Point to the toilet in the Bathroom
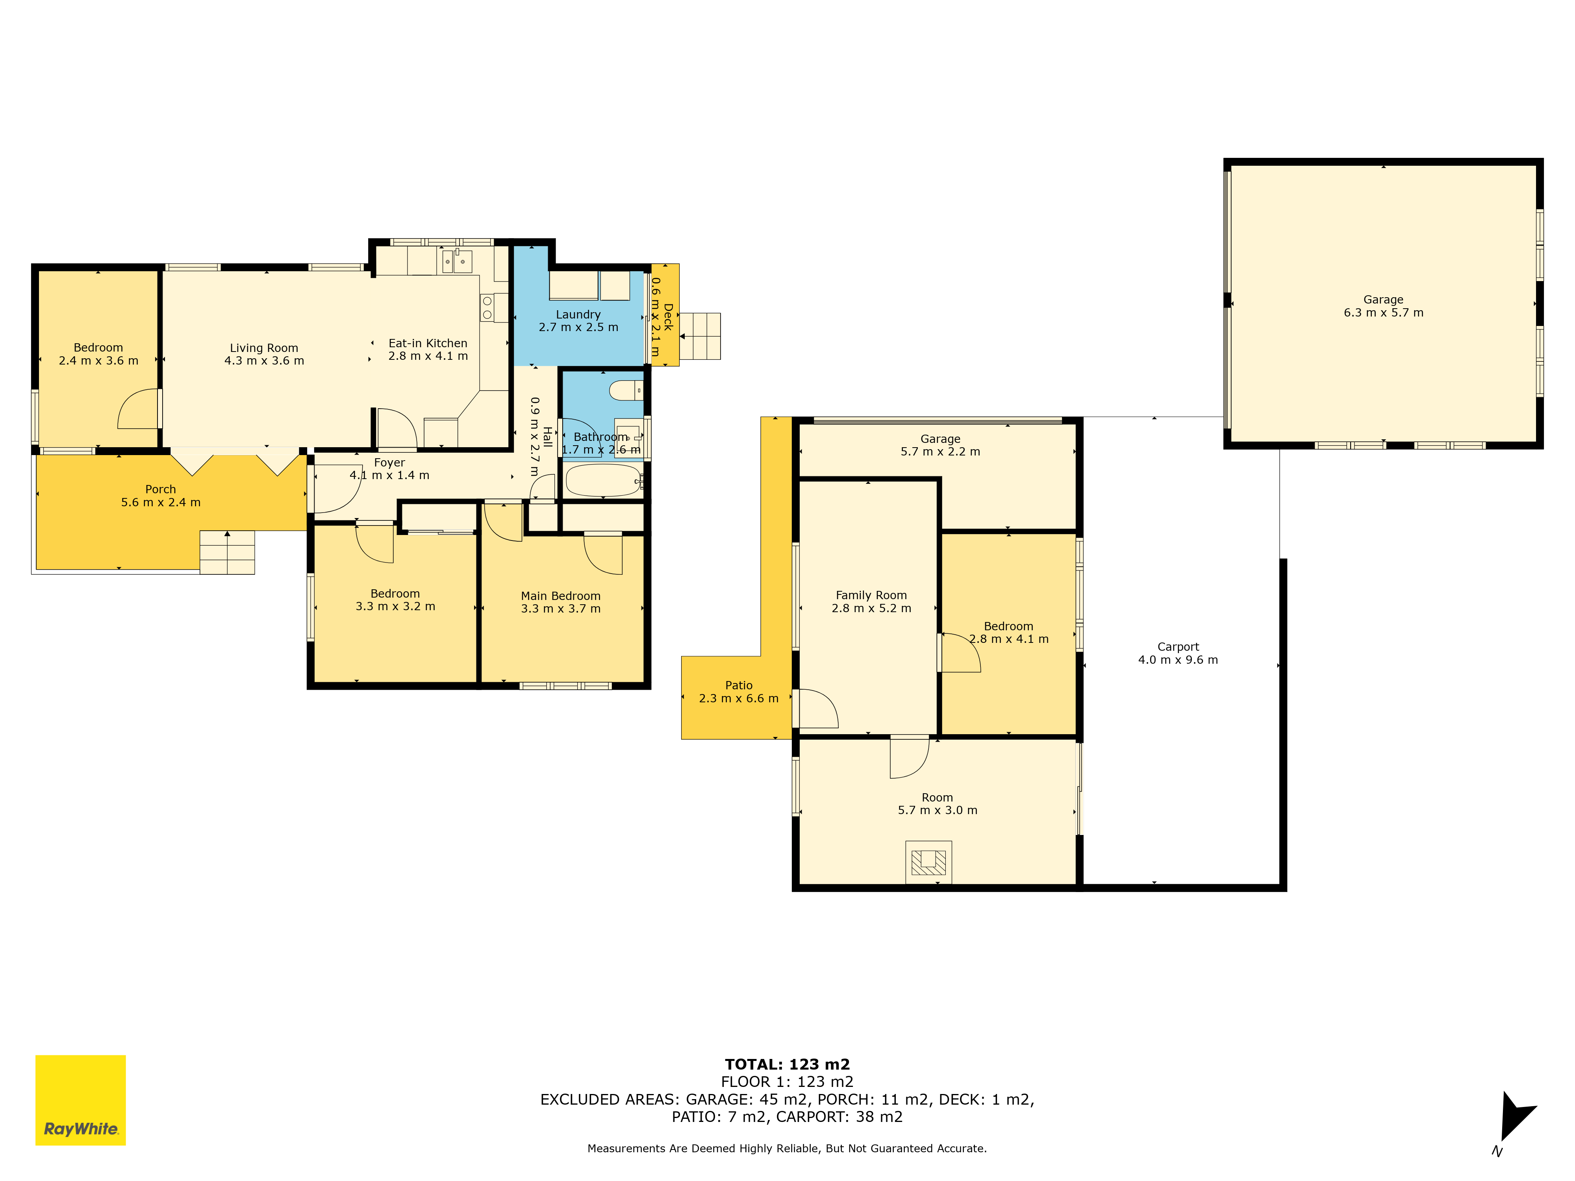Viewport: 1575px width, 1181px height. pos(626,390)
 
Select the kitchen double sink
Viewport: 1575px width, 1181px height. pos(456,262)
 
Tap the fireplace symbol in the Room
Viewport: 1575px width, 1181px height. pos(928,862)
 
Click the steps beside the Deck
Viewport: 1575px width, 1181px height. pos(700,336)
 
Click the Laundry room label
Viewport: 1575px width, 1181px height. pos(578,315)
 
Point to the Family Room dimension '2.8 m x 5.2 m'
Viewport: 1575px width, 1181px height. pos(871,609)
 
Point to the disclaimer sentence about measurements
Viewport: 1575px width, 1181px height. pos(787,1148)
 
